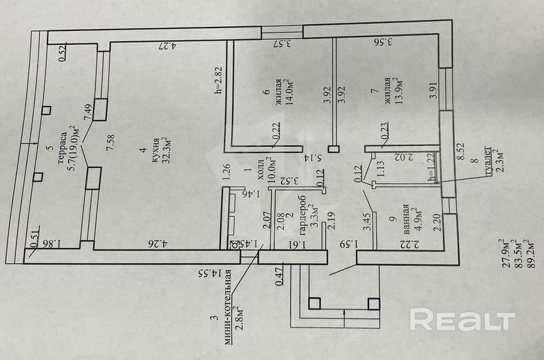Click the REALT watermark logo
[x=462, y=320]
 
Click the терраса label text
[x=62, y=142]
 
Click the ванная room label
[x=407, y=218]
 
